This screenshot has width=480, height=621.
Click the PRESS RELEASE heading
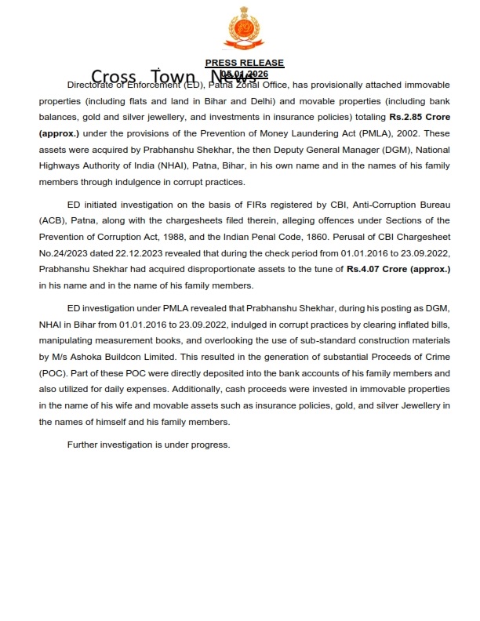click(x=244, y=63)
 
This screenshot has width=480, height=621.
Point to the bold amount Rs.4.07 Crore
click(x=398, y=269)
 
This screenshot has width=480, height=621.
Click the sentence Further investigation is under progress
click(x=148, y=445)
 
